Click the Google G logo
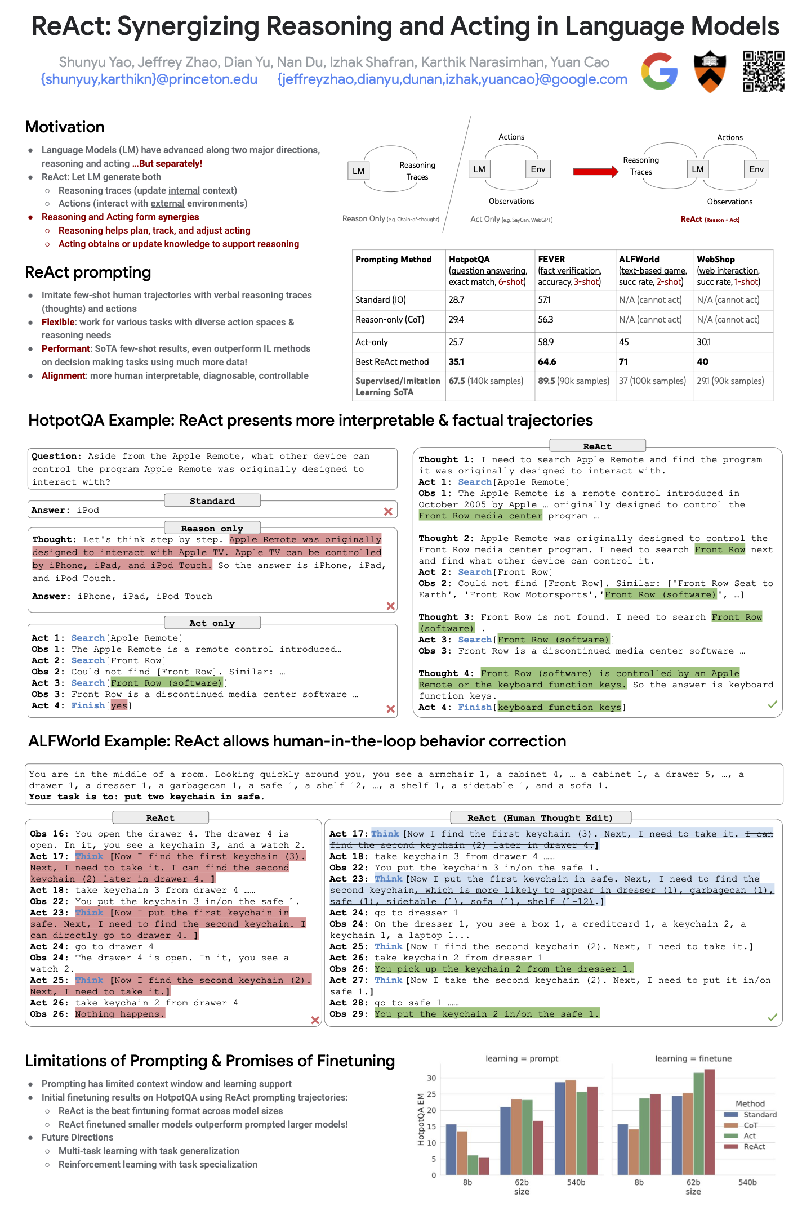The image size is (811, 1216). click(659, 71)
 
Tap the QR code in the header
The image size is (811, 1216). click(763, 71)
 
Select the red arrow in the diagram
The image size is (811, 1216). click(595, 171)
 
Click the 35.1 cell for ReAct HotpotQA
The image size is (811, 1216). click(457, 361)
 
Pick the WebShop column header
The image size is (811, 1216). click(716, 260)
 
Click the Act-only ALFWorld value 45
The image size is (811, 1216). click(624, 342)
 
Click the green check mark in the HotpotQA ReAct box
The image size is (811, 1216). click(772, 704)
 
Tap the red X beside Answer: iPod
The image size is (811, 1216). click(388, 511)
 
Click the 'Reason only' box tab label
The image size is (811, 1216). click(212, 529)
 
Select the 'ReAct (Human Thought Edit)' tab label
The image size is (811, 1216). click(540, 818)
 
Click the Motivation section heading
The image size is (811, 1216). click(65, 127)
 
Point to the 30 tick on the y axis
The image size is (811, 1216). click(431, 1078)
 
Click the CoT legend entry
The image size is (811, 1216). click(750, 1125)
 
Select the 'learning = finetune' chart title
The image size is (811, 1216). click(693, 1058)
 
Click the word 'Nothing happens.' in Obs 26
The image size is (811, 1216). click(120, 1014)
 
